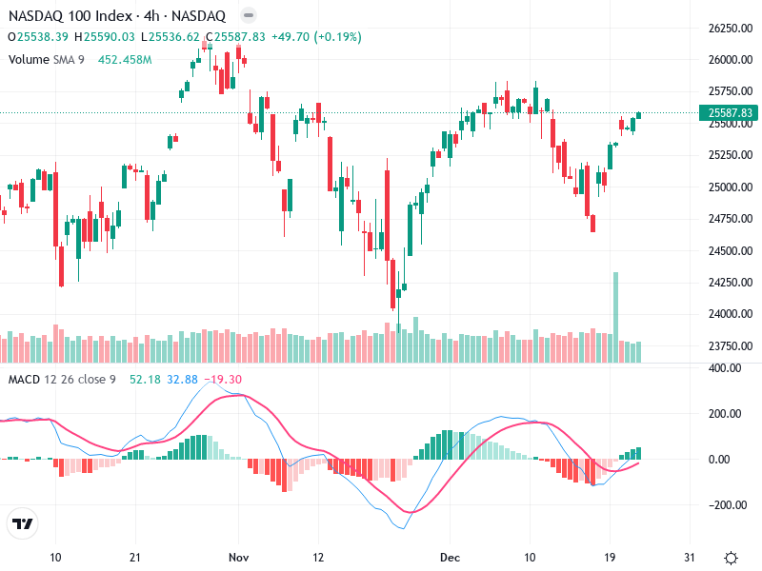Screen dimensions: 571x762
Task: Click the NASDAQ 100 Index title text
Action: (x=68, y=16)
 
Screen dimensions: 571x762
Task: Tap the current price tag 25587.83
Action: (x=731, y=113)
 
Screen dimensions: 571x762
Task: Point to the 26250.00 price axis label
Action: (x=731, y=29)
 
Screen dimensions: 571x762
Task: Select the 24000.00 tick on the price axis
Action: (x=731, y=314)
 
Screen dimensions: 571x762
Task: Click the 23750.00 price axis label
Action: (x=731, y=346)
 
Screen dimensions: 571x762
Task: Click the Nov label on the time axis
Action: (x=239, y=557)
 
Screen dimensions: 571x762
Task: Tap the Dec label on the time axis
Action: (x=450, y=557)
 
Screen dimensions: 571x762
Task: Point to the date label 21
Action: (x=135, y=557)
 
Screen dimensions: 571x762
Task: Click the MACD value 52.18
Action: (x=145, y=380)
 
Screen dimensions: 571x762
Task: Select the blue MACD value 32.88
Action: (x=182, y=380)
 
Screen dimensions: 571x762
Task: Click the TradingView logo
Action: (x=22, y=524)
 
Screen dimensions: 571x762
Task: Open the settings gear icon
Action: (x=731, y=557)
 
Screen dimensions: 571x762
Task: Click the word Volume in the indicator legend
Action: (x=28, y=59)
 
